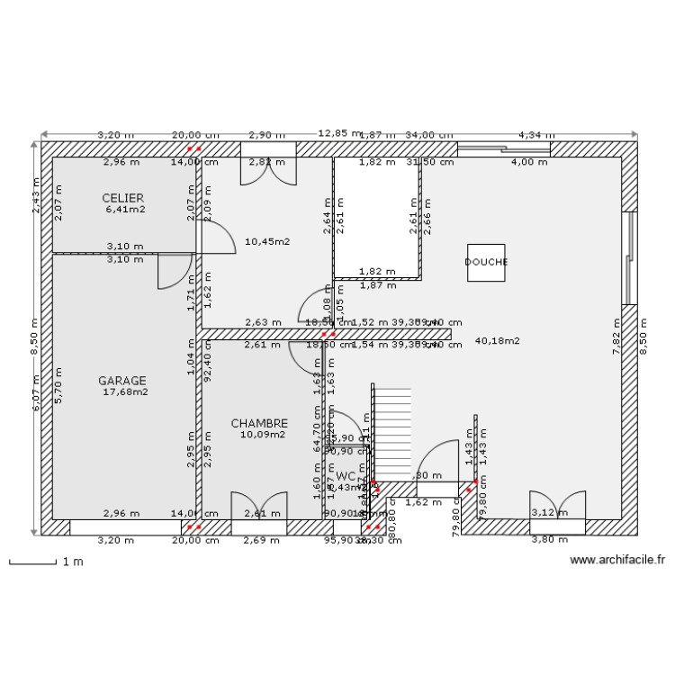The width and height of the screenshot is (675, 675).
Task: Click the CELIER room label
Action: pos(123,198)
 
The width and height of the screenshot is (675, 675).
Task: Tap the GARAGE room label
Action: pos(122,381)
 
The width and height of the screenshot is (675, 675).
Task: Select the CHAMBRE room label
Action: pos(259,423)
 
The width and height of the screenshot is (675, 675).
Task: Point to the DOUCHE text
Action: pos(486,263)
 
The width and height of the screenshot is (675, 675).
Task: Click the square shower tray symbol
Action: pos(486,263)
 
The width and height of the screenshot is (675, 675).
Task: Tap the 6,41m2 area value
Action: pos(124,210)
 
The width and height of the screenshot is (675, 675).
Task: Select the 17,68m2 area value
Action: pos(125,392)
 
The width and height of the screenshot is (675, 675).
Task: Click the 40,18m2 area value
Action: pos(497,341)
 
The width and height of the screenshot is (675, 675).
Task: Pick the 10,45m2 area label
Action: pos(267,241)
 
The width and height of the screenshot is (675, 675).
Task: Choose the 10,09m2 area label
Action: pos(262,435)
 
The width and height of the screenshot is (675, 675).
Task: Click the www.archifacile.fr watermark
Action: pos(617,559)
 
